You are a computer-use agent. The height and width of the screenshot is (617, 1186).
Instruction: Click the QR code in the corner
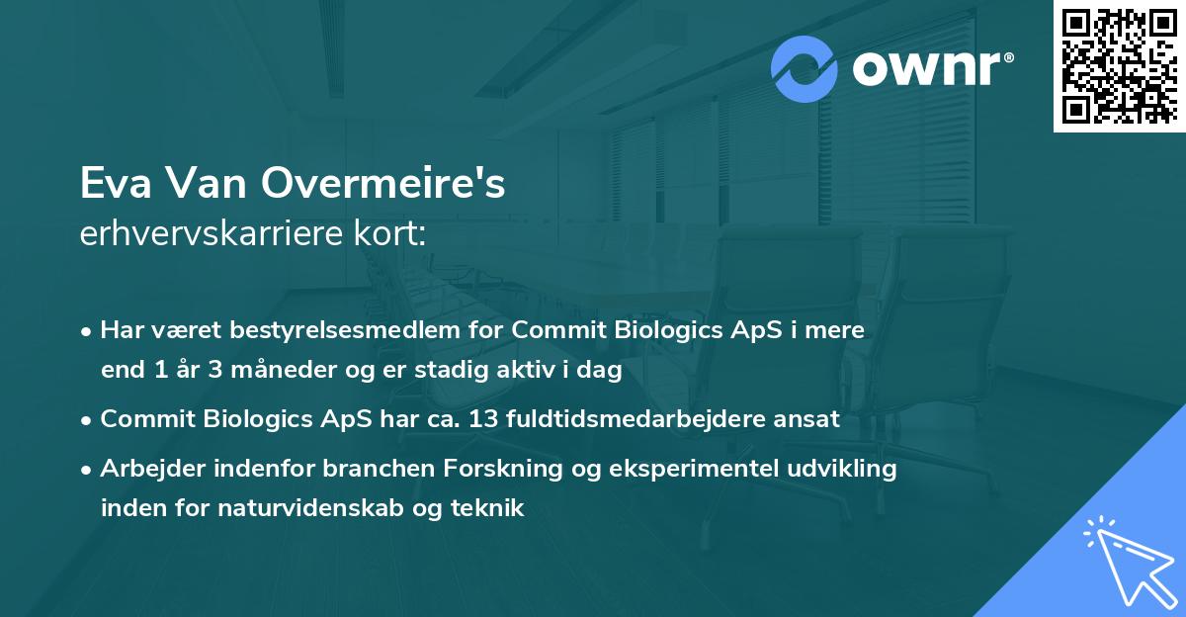point(1119,65)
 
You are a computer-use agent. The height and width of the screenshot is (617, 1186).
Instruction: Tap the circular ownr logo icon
point(805,69)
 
